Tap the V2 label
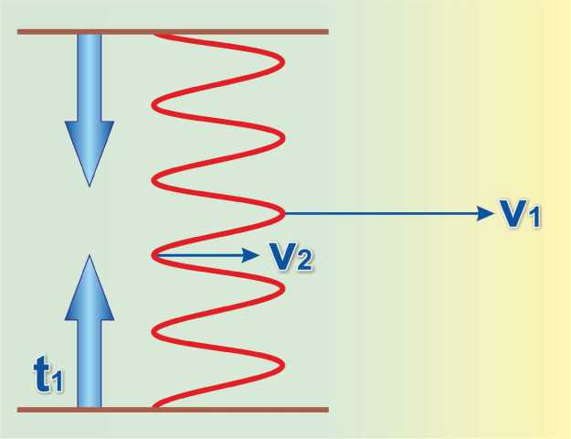293,257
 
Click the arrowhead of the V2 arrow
253,256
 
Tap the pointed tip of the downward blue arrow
89,185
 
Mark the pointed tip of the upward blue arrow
89,256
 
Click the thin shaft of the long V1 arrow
384,213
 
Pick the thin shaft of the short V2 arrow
201,256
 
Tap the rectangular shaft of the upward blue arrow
89,361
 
